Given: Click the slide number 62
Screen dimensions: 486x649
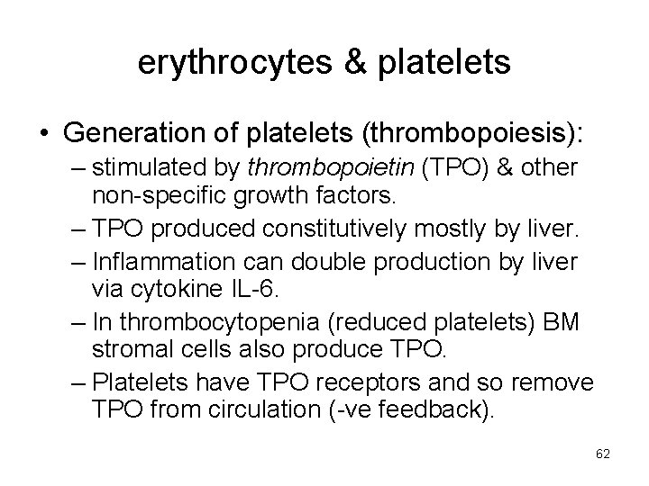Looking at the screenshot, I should point(603,454).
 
